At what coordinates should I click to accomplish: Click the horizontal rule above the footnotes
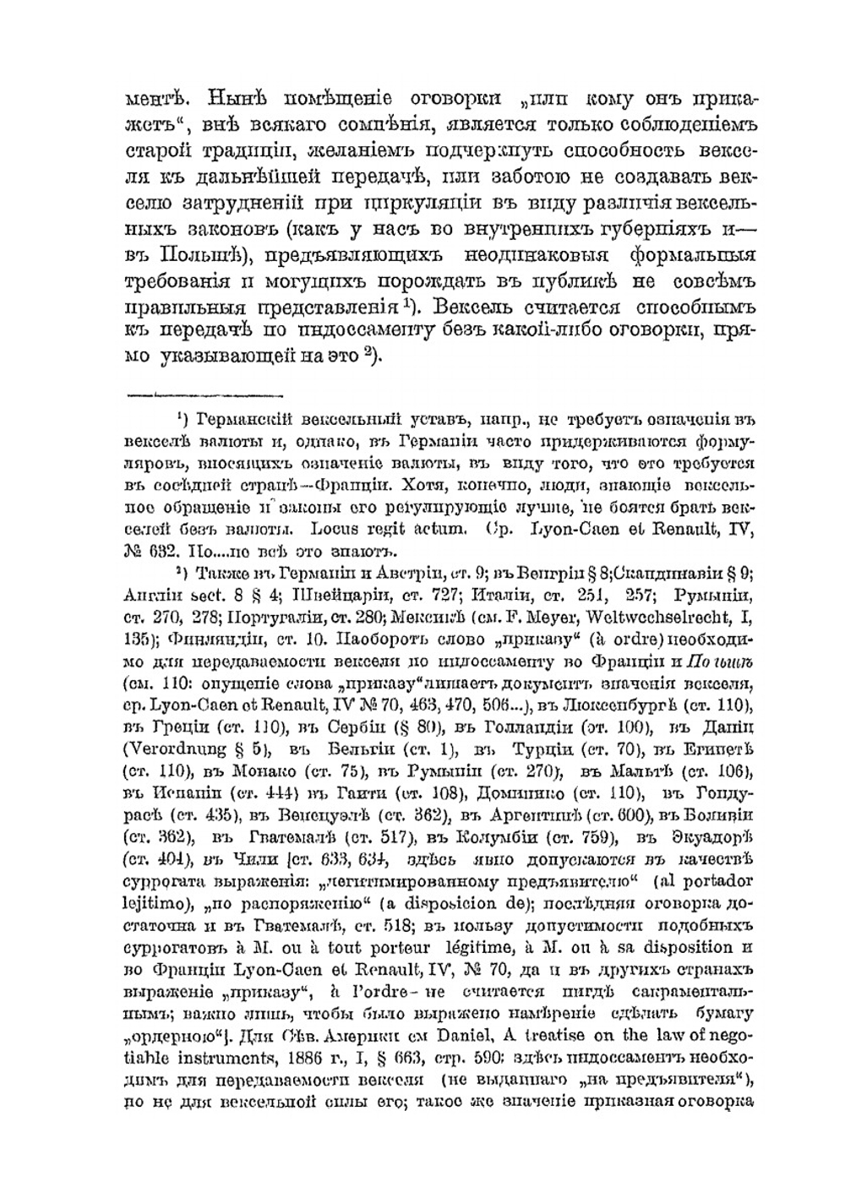(203, 394)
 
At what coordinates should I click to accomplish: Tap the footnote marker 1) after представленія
(406, 302)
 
